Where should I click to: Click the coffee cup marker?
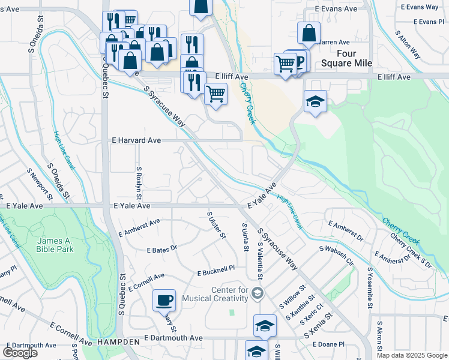(x=164, y=299)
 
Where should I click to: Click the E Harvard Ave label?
(x=137, y=140)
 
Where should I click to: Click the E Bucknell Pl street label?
(x=215, y=273)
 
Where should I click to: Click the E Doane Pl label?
(x=329, y=344)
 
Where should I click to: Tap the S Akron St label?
(x=379, y=337)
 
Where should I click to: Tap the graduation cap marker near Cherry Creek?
(x=315, y=102)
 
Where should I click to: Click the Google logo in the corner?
(x=20, y=353)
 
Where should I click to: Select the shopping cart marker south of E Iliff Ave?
(x=215, y=94)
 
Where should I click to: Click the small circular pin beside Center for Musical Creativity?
(x=258, y=293)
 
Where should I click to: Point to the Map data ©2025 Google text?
(x=412, y=355)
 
